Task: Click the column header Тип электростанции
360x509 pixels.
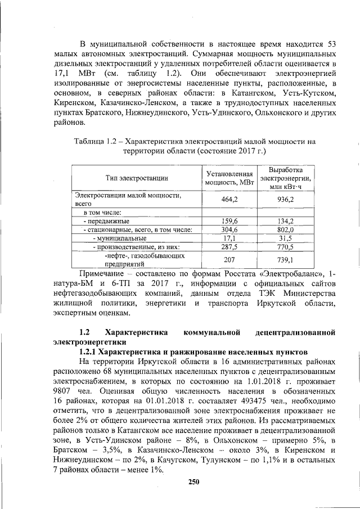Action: [x=137, y=178]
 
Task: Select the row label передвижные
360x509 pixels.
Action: [x=106, y=221]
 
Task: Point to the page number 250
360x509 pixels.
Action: [x=195, y=481]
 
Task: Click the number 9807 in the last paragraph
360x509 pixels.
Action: [x=64, y=390]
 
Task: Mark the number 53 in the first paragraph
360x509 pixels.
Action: [x=331, y=44]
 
